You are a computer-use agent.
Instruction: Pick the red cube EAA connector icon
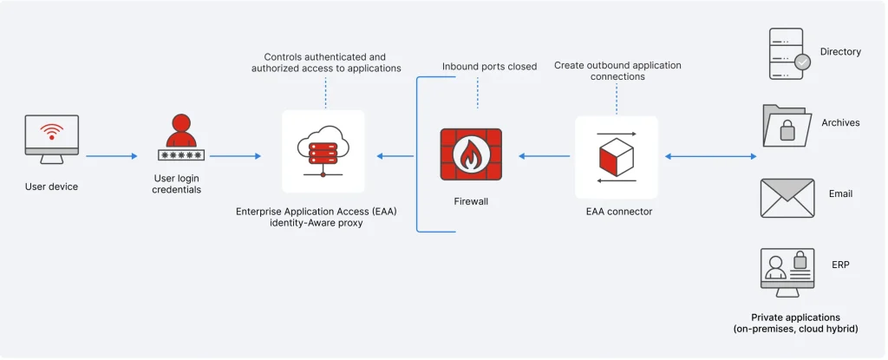[x=616, y=156]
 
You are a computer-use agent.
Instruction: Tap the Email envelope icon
[x=787, y=197]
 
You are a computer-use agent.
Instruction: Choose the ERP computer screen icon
[x=787, y=269]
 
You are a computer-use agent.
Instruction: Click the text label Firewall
[x=471, y=200]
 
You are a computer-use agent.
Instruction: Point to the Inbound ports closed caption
[x=489, y=66]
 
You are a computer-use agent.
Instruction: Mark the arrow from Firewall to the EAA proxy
[x=395, y=156]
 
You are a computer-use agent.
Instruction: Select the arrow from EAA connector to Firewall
[x=544, y=156]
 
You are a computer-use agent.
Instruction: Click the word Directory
[x=840, y=52]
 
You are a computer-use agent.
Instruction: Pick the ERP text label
[x=840, y=264]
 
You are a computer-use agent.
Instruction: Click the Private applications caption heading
[x=795, y=317]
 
